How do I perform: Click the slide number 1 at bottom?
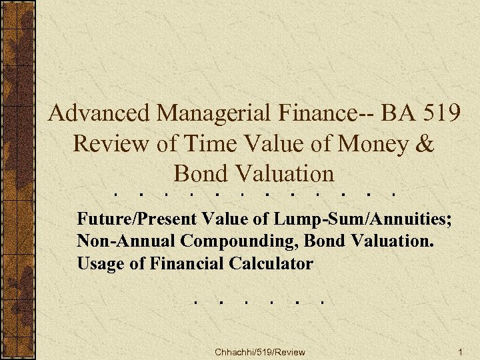tap(460, 351)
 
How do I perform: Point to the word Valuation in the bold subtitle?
tap(396, 241)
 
